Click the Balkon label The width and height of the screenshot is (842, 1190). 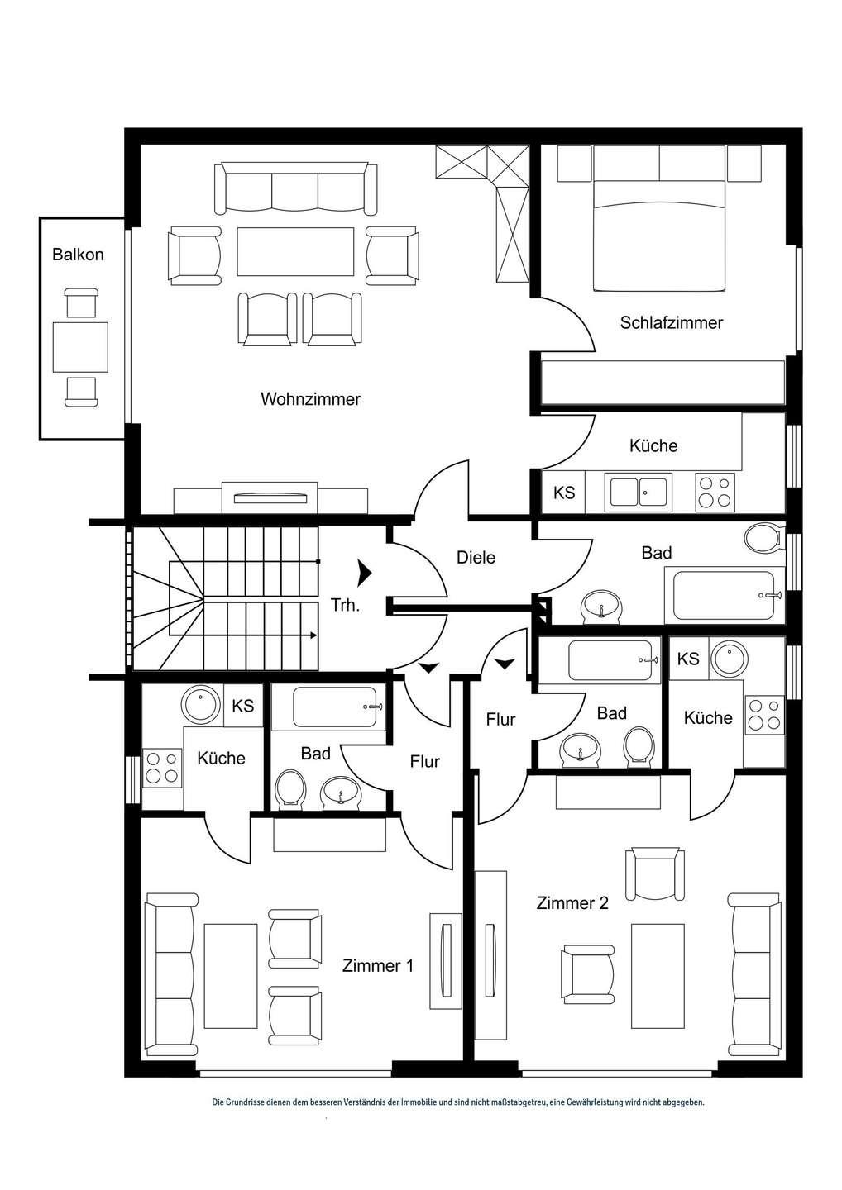tap(78, 255)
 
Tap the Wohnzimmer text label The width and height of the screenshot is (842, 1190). tap(310, 399)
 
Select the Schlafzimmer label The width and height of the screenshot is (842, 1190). tap(671, 323)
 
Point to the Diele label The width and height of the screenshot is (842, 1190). tap(476, 558)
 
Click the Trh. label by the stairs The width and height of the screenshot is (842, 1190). tap(345, 605)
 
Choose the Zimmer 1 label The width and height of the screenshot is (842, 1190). tap(378, 965)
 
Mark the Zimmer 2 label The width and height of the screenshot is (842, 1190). tap(572, 903)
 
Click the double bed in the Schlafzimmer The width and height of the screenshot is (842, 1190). tap(659, 235)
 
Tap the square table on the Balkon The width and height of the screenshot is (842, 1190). tap(80, 347)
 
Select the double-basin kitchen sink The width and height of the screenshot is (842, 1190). tap(639, 493)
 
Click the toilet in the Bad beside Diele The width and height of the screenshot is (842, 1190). tap(762, 538)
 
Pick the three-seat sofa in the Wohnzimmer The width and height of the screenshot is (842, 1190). tap(295, 188)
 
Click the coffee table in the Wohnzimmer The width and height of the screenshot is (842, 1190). tap(295, 252)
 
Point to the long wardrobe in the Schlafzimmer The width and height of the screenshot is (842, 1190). tap(662, 382)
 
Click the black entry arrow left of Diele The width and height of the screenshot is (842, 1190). tap(364, 571)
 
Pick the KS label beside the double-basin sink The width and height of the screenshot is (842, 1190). tap(564, 493)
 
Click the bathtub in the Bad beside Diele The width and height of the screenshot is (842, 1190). tap(724, 595)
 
